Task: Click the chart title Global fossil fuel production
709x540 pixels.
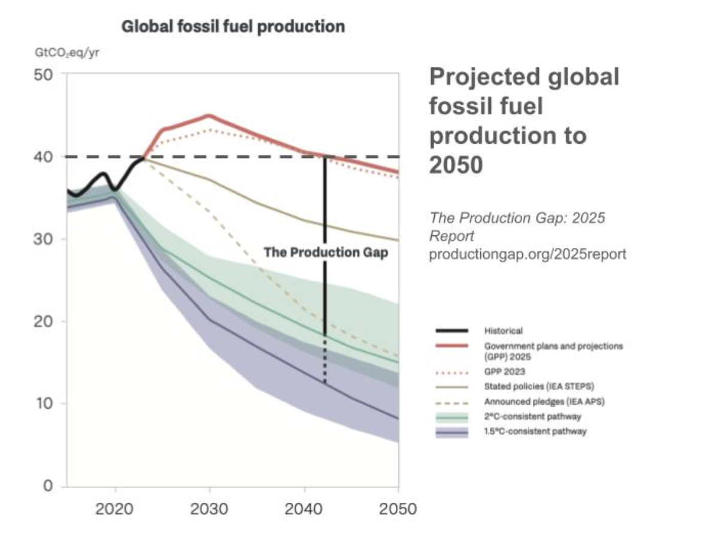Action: tap(233, 27)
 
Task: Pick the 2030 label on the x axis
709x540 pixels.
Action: tap(210, 509)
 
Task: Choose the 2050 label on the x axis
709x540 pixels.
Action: tap(398, 509)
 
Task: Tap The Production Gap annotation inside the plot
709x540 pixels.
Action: tap(326, 253)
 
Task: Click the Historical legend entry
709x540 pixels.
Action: tap(504, 330)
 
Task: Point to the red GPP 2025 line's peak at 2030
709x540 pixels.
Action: tap(209, 116)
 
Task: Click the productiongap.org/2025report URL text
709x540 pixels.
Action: tap(528, 254)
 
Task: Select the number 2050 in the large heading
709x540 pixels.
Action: tap(456, 165)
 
